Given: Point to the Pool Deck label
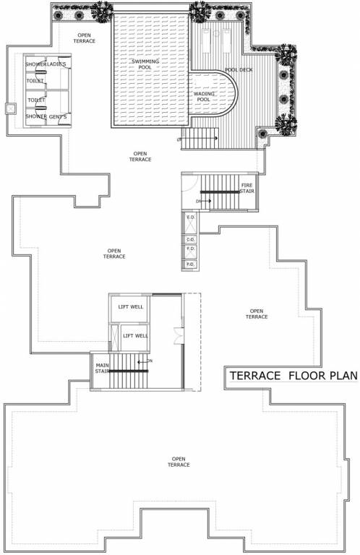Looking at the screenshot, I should pyautogui.click(x=238, y=70).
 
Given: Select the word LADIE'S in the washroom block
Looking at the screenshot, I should pyautogui.click(x=57, y=66).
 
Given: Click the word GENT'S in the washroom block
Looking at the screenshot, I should pyautogui.click(x=58, y=116).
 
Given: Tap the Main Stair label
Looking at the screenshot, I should pyautogui.click(x=102, y=369).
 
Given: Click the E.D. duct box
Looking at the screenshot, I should pyautogui.click(x=192, y=218).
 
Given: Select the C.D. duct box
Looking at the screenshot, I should pyautogui.click(x=192, y=239).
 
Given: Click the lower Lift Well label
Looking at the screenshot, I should pyautogui.click(x=136, y=336).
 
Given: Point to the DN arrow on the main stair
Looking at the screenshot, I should pyautogui.click(x=150, y=360).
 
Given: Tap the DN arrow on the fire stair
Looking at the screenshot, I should pyautogui.click(x=197, y=201).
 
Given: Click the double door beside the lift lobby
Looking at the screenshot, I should pyautogui.click(x=179, y=335).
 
